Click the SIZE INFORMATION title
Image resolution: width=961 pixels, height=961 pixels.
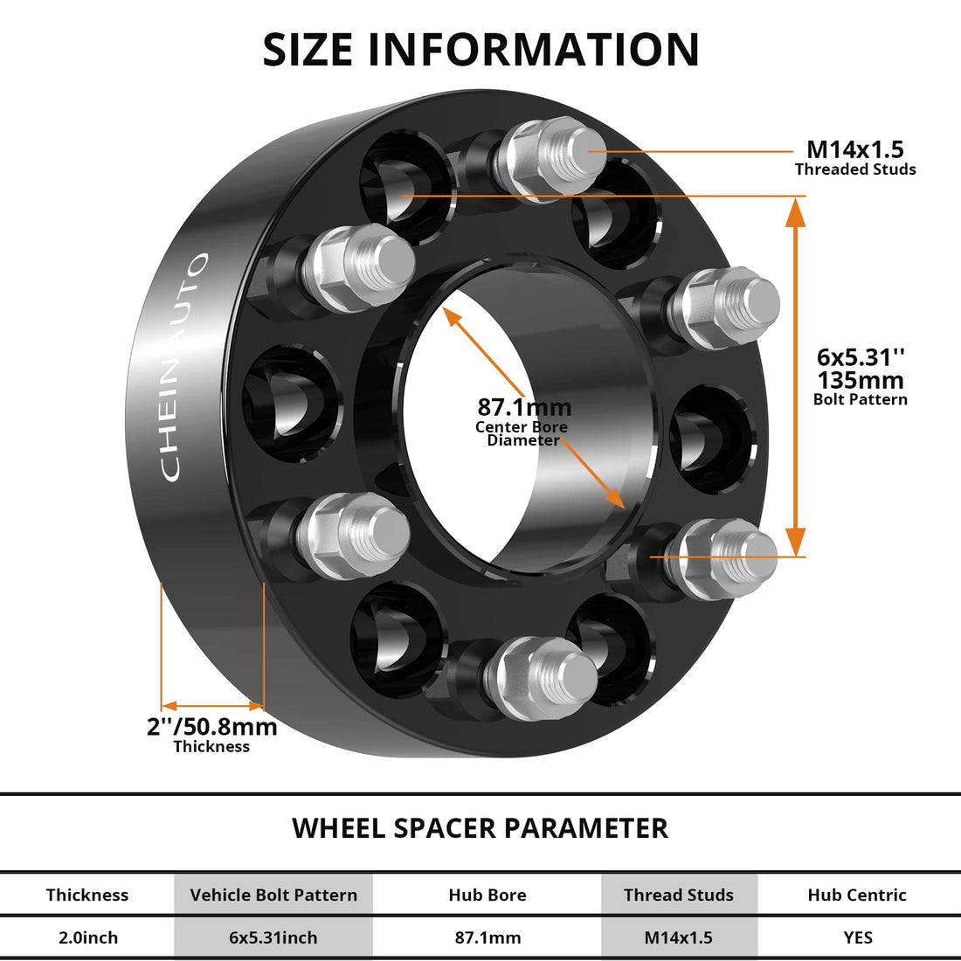[480, 50]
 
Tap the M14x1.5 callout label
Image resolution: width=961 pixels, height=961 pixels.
[854, 149]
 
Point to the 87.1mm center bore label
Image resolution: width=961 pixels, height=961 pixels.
[524, 407]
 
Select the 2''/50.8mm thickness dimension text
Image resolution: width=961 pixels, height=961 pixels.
[211, 727]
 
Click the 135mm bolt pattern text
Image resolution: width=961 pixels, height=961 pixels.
[861, 380]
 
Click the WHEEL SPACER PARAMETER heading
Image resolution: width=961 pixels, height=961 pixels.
[480, 827]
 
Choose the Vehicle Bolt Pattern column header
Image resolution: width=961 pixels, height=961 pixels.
[273, 895]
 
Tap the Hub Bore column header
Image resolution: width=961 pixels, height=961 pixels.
[487, 895]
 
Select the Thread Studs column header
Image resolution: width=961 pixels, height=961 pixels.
[679, 895]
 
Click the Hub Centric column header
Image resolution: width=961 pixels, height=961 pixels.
[857, 895]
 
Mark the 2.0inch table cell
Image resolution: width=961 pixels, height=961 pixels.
[87, 937]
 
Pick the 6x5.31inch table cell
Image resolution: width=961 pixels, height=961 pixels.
[273, 937]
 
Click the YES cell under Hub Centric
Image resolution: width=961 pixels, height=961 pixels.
[858, 937]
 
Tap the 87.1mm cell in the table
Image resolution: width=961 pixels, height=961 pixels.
[487, 937]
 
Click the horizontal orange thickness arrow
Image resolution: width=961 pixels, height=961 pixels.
[212, 705]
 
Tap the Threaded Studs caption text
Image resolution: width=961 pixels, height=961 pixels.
[855, 169]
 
